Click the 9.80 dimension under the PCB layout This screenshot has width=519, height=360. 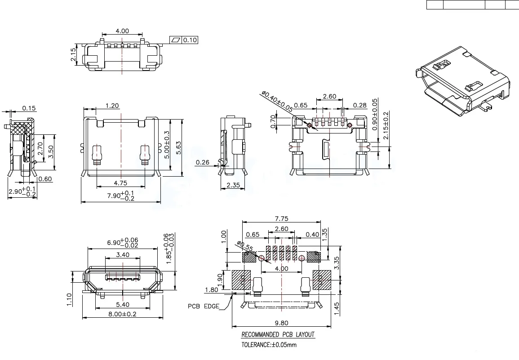[281, 323]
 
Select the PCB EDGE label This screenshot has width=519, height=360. [204, 307]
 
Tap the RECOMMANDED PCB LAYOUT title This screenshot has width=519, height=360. [278, 335]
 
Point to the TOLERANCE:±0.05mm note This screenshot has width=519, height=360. [269, 345]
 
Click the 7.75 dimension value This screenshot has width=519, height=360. [281, 219]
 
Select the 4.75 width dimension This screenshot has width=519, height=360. [120, 183]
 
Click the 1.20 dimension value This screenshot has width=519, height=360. [112, 106]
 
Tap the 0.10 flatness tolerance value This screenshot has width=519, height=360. [190, 40]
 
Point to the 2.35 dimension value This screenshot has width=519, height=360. [233, 185]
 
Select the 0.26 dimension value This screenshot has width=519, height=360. [202, 162]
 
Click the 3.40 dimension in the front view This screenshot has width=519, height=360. [123, 255]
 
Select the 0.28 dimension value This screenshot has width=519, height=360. [359, 106]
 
